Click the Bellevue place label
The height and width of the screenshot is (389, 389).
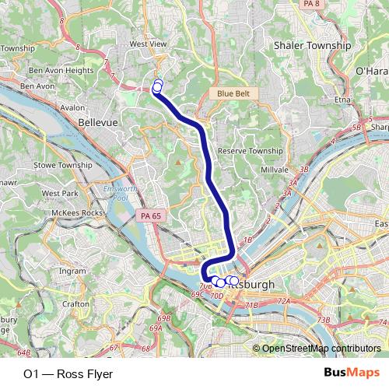(x=98, y=123)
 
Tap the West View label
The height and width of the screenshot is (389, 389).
(x=148, y=44)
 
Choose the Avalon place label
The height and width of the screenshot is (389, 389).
(x=72, y=108)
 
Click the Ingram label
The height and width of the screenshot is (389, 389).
(x=73, y=272)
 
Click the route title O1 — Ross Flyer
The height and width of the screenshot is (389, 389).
(x=68, y=374)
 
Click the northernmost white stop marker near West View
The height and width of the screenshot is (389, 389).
(x=159, y=83)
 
